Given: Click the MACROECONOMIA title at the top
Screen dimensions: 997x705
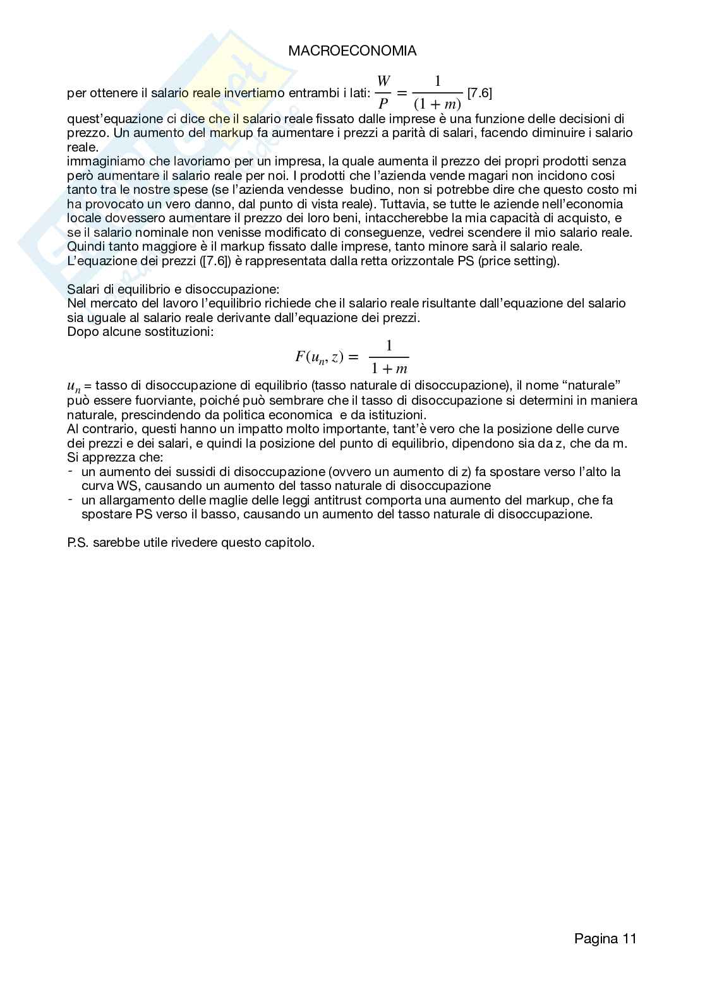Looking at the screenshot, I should click(x=352, y=51).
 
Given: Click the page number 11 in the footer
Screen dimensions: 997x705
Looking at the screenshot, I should click(x=629, y=938).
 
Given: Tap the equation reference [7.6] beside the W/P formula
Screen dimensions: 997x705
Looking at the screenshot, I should click(x=479, y=93).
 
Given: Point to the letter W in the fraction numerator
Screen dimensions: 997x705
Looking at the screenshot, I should click(x=383, y=81).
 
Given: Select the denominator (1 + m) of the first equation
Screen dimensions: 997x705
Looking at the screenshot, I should click(x=437, y=104).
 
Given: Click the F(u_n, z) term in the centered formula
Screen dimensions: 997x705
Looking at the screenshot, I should click(x=319, y=357).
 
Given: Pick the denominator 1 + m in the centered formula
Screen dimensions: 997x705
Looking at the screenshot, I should click(x=389, y=369).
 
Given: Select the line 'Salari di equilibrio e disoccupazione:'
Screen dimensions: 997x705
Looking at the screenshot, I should click(x=173, y=289).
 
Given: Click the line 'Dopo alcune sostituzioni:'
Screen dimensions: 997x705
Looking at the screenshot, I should click(x=140, y=331).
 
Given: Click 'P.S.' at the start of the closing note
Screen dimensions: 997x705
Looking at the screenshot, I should click(x=78, y=542).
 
